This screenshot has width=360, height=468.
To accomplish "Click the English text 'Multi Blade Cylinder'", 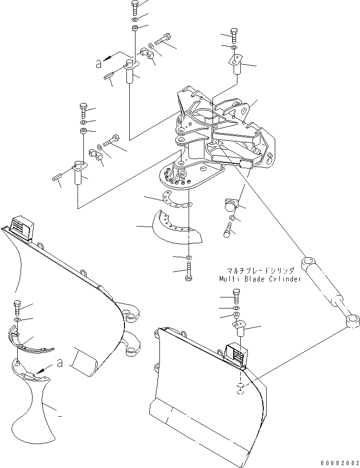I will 260,279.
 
